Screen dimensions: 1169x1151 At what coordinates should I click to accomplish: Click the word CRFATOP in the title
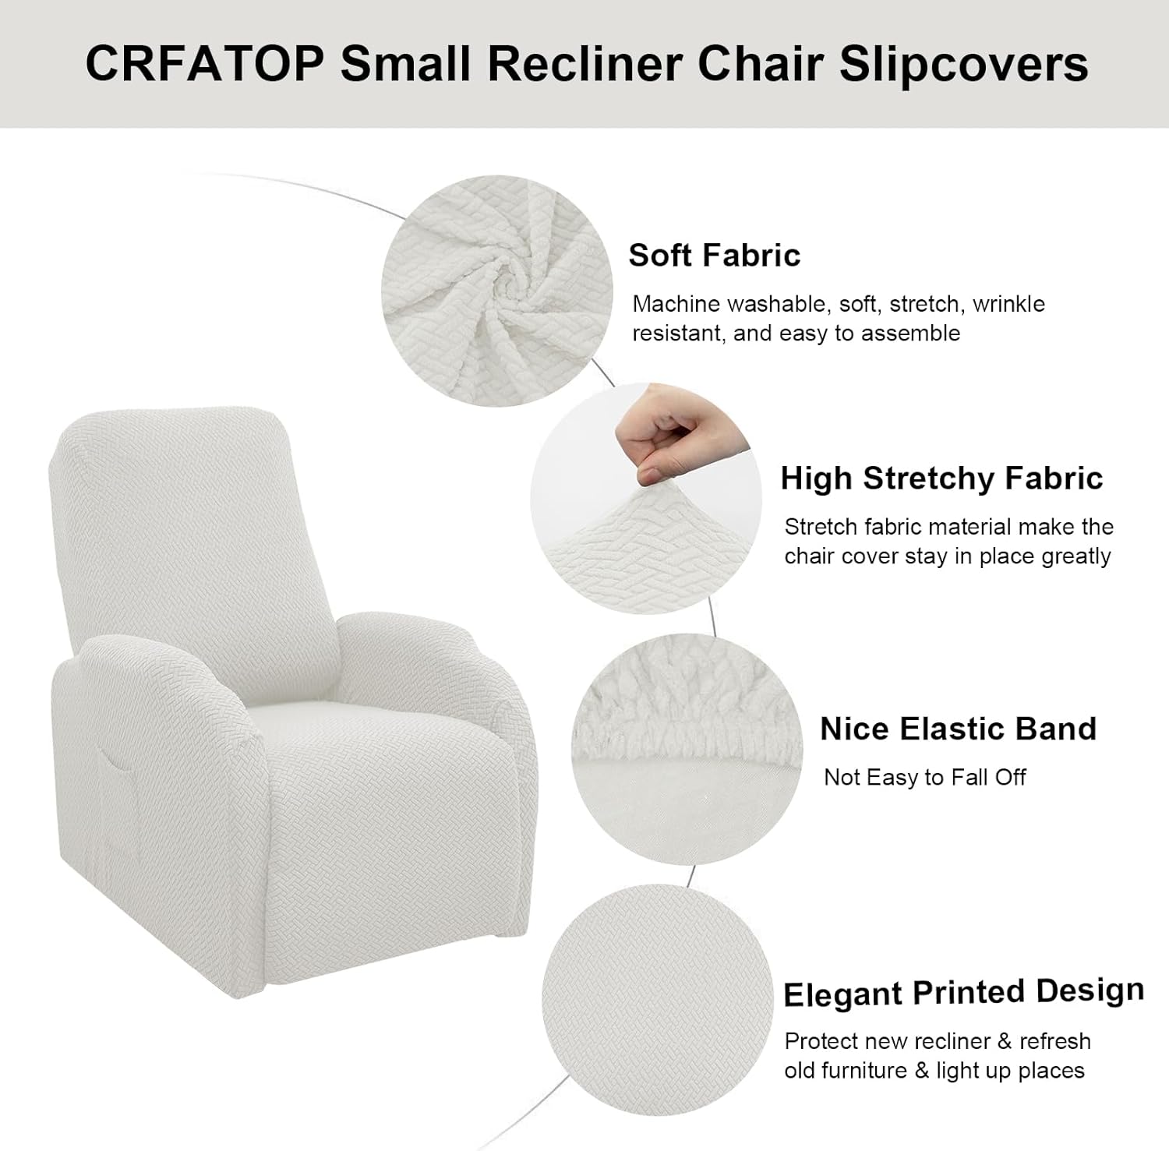[204, 63]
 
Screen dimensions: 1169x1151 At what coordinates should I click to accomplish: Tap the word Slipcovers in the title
[964, 64]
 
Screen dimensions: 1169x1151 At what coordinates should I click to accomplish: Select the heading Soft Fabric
[715, 256]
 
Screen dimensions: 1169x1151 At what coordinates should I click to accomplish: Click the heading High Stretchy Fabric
[941, 478]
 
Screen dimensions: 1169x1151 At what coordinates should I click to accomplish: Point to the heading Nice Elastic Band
[958, 729]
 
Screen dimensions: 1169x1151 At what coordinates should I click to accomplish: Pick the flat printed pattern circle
[657, 999]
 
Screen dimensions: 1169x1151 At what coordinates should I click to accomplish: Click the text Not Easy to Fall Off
[925, 778]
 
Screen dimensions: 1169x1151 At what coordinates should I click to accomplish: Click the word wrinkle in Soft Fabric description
[1008, 304]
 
